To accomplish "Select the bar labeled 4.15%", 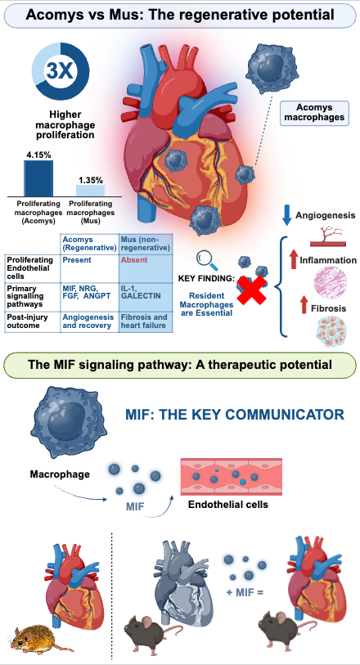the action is point(38,178).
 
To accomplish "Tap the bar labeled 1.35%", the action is point(91,190).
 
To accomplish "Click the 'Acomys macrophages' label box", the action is point(314,113).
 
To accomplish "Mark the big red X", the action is point(251,290).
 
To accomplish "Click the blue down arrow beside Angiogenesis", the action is point(286,215).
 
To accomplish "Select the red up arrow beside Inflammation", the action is point(294,259).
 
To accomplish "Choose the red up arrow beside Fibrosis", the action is point(304,305).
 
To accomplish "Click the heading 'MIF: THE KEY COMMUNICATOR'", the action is point(235,415).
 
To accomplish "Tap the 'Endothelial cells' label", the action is point(228,505).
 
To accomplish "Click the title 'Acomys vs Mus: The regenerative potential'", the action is point(180,15).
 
